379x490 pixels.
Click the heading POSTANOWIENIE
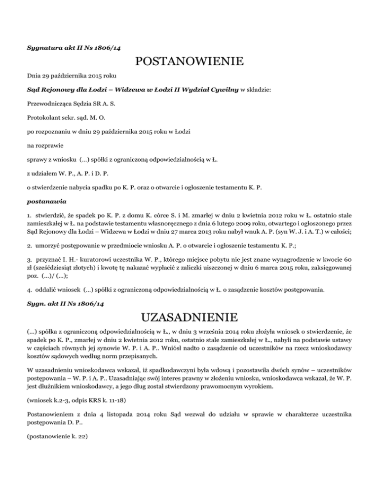(189, 62)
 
